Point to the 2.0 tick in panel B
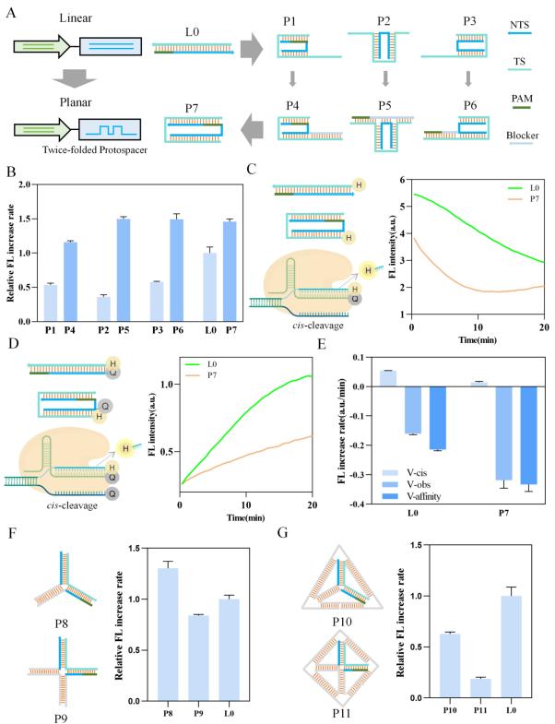(37, 184)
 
